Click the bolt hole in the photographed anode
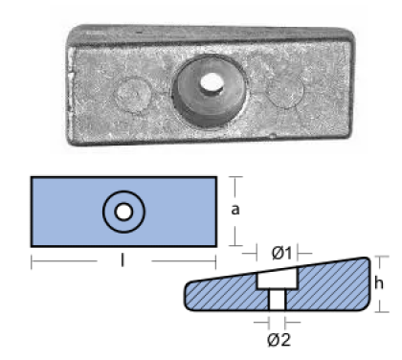[x=212, y=83]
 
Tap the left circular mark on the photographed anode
[x=133, y=95]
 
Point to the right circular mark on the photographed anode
[x=284, y=90]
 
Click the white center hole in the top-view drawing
[x=123, y=212]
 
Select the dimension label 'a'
[x=235, y=210]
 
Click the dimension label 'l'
[x=123, y=260]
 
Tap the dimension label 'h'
[x=379, y=283]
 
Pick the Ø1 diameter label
[x=281, y=254]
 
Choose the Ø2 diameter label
[x=279, y=340]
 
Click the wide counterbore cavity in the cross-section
[x=278, y=279]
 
